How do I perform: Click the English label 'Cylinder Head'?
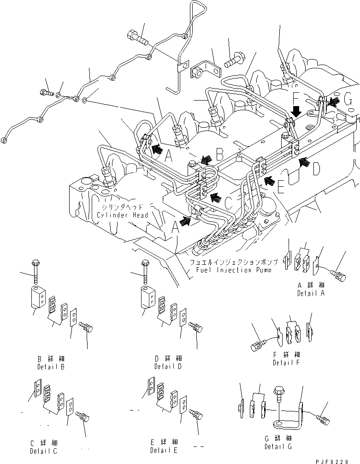pos(122,215)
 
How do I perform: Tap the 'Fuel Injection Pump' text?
pos(228,270)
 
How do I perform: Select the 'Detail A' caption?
pos(311,293)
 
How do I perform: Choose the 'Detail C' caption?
pos(44,451)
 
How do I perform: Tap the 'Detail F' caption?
pos(286,363)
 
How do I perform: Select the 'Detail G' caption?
pos(278,447)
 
